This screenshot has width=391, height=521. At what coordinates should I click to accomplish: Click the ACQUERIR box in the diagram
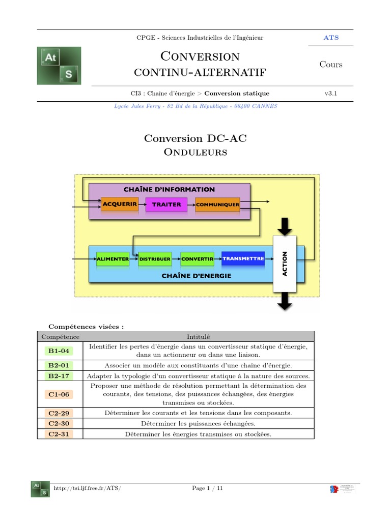pyautogui.click(x=120, y=204)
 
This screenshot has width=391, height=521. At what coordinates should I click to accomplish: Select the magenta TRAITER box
pyautogui.click(x=166, y=204)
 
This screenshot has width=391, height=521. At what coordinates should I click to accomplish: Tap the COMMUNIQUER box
pyautogui.click(x=217, y=205)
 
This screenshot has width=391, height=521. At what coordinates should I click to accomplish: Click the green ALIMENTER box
pyautogui.click(x=113, y=259)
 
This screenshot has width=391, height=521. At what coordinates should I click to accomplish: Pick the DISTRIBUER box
pyautogui.click(x=155, y=259)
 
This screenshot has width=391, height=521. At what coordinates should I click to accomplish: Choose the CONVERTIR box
pyautogui.click(x=197, y=259)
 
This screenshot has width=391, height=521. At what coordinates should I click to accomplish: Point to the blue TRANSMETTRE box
pyautogui.click(x=243, y=258)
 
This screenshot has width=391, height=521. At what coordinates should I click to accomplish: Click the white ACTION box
pyautogui.click(x=285, y=264)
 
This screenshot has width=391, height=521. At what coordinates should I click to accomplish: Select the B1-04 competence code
pyautogui.click(x=59, y=351)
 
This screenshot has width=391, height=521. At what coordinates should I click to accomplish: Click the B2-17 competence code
pyautogui.click(x=59, y=376)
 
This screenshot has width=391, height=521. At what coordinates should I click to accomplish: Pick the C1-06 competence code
pyautogui.click(x=59, y=394)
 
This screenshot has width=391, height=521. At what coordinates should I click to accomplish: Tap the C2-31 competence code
pyautogui.click(x=59, y=434)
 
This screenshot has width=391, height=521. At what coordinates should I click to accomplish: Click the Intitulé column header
pyautogui.click(x=194, y=336)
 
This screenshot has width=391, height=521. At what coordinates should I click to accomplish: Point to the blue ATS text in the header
pyautogui.click(x=331, y=38)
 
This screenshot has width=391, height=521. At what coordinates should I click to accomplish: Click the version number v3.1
pyautogui.click(x=331, y=94)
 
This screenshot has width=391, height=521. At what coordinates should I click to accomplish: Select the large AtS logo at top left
pyautogui.click(x=59, y=66)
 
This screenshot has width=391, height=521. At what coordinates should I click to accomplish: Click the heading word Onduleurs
pyautogui.click(x=195, y=152)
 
